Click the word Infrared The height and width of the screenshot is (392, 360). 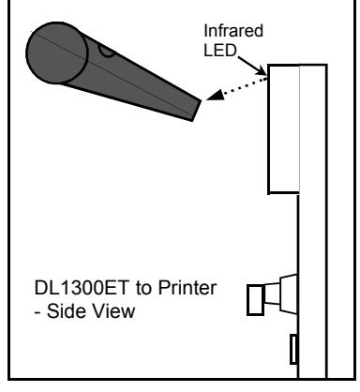[233, 31]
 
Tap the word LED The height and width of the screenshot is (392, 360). [219, 51]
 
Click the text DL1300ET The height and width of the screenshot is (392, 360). [82, 288]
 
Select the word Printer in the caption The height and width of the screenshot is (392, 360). [187, 288]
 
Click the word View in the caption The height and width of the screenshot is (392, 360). [112, 311]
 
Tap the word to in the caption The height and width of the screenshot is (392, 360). [143, 289]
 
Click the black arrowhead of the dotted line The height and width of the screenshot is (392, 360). [215, 95]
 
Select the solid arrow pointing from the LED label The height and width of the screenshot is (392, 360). [252, 66]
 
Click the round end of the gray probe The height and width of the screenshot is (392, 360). [56, 53]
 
